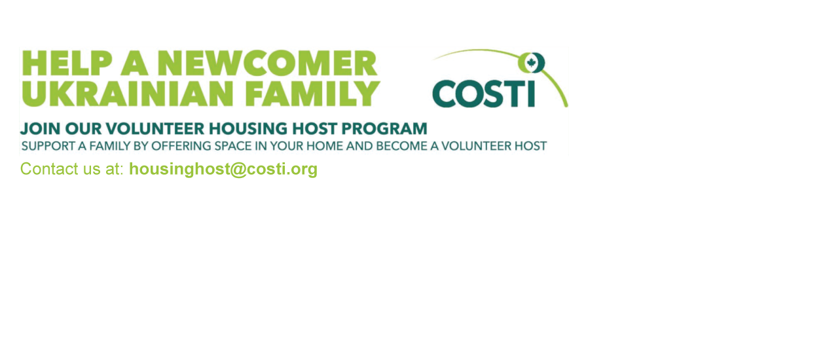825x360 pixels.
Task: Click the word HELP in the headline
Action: pos(67,63)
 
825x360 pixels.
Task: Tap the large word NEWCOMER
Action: pos(266,63)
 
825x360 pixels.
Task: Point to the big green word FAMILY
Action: pos(312,94)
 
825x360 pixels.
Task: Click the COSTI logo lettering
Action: pos(484,94)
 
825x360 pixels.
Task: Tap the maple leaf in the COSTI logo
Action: pos(531,62)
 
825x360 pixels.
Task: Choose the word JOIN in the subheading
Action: pos(40,129)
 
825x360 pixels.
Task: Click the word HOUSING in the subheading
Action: pos(249,129)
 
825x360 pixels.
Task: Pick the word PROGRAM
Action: pos(384,129)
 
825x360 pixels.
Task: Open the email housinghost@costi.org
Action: pos(223,170)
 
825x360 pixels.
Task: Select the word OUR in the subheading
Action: pos(83,129)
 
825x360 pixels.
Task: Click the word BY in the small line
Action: pos(140,146)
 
